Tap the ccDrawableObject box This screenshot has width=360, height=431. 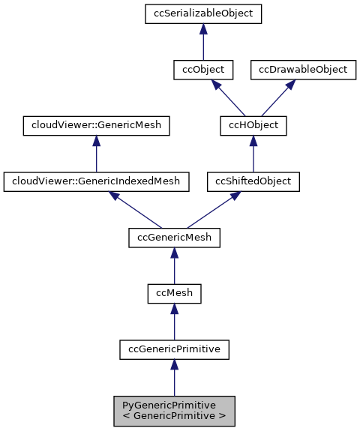point(303,70)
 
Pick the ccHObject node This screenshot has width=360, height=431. point(253,125)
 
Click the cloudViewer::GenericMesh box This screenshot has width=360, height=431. point(95,125)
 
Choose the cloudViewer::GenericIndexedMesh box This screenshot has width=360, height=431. point(95,181)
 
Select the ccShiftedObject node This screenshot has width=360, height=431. point(253,181)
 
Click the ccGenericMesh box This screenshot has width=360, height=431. point(174,238)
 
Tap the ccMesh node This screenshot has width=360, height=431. point(174,293)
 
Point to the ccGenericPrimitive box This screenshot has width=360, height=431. point(174,349)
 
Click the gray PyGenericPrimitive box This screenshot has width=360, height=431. point(174,410)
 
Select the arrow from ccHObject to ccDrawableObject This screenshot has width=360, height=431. point(279,97)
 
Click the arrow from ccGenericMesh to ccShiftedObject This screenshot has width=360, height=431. point(214,209)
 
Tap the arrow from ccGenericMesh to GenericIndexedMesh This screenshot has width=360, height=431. point(135,209)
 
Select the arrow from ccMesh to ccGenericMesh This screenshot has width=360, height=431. point(174,266)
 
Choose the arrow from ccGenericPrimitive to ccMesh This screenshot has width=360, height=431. point(174,322)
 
